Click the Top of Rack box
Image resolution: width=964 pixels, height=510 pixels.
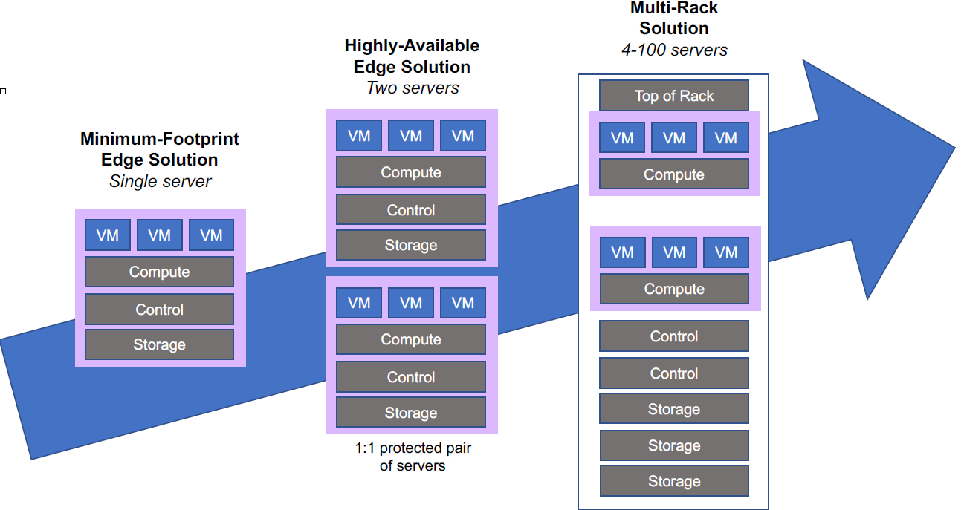click(674, 96)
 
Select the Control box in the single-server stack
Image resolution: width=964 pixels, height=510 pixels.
click(159, 309)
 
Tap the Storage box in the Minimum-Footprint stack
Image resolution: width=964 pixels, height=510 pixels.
click(159, 344)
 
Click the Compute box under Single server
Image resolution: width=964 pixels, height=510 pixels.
click(159, 272)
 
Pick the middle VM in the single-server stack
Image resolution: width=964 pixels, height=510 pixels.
click(159, 235)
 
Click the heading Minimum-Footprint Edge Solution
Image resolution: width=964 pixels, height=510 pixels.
click(160, 149)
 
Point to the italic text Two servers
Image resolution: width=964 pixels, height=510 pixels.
click(413, 88)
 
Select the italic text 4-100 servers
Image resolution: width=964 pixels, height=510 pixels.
click(674, 50)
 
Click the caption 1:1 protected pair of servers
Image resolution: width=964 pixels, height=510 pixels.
click(413, 457)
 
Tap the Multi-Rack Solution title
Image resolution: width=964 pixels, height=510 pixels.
click(674, 18)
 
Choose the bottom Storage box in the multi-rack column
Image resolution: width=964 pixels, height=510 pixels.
click(674, 481)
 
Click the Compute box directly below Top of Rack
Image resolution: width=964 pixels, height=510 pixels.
click(674, 174)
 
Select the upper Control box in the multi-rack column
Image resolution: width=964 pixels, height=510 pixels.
click(674, 336)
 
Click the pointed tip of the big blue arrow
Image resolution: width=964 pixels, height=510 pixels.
click(955, 148)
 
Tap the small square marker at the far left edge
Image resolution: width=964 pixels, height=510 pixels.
click(3, 91)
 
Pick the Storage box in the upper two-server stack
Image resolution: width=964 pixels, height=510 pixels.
click(411, 245)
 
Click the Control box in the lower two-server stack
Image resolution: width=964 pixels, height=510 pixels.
click(411, 377)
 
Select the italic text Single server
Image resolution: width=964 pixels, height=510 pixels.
click(160, 181)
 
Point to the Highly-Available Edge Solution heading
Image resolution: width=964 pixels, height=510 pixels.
click(412, 56)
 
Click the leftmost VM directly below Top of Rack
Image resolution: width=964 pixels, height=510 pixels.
click(622, 137)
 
